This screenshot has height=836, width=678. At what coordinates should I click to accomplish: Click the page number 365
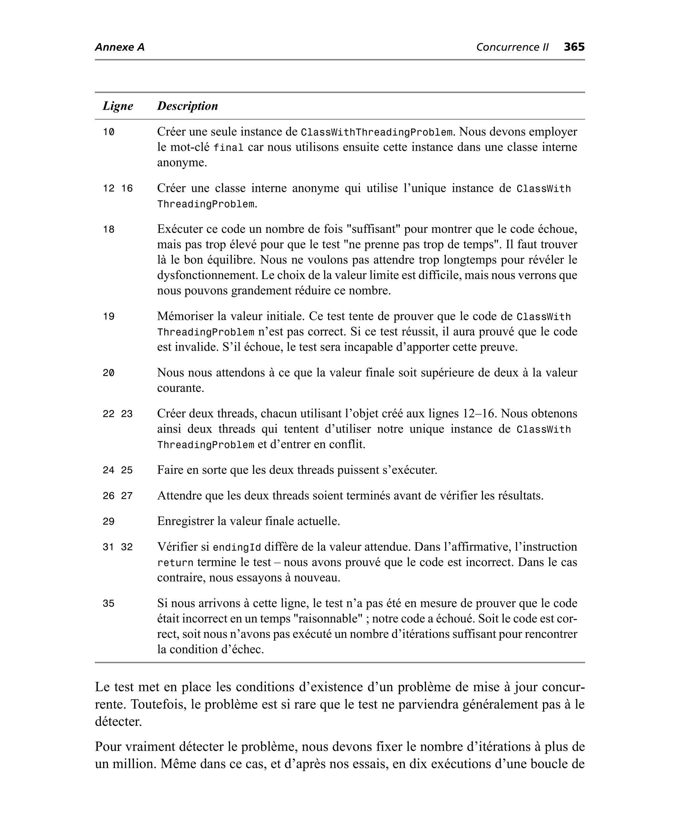[574, 47]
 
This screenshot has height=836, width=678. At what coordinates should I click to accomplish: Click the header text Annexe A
[120, 47]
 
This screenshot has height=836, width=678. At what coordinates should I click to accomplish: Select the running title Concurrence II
[512, 47]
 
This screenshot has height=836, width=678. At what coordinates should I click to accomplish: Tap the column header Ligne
[118, 106]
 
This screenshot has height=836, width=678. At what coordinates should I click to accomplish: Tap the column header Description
[187, 106]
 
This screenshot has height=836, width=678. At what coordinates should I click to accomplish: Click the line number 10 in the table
[109, 132]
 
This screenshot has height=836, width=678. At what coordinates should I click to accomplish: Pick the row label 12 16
[118, 189]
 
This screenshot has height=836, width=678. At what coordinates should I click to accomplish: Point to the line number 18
[109, 230]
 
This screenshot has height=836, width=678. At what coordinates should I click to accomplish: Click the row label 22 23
[118, 414]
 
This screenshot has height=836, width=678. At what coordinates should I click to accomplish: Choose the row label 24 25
[118, 470]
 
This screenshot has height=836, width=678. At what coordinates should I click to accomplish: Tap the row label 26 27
[118, 496]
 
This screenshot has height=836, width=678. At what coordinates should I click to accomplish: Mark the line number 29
[109, 522]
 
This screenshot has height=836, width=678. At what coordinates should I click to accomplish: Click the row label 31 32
[118, 547]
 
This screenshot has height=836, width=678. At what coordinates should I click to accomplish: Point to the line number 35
[109, 604]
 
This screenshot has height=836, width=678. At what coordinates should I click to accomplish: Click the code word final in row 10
[228, 148]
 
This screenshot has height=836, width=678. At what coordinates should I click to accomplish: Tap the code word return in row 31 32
[175, 563]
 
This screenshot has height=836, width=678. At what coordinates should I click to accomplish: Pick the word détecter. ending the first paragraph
[118, 721]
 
